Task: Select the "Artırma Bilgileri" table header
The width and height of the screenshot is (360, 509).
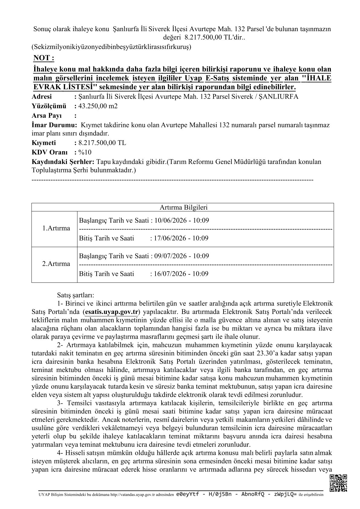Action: tap(182, 207)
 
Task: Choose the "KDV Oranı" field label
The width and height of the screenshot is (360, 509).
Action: tap(49, 152)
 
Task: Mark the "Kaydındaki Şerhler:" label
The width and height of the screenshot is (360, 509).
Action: tap(63, 162)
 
